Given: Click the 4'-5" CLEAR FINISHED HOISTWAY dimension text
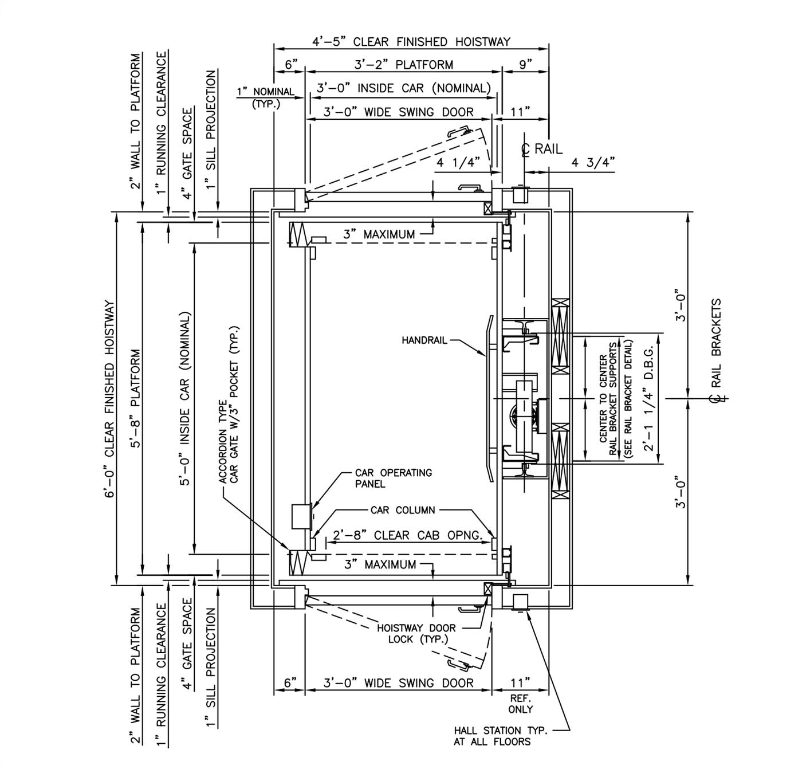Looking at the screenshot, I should point(411,42).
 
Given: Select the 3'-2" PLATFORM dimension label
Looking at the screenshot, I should point(404,65).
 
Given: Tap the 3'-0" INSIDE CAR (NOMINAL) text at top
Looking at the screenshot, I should point(404,88).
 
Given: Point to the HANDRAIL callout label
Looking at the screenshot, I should point(423,340).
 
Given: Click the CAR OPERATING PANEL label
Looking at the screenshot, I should point(393,478).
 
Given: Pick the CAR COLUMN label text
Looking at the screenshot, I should point(403,510).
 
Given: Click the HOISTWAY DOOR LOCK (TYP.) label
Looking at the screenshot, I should point(416,634).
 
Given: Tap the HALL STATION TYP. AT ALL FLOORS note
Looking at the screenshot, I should point(500,736).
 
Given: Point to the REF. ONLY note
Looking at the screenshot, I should point(520,704).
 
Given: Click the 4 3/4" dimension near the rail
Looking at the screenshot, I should point(593,163).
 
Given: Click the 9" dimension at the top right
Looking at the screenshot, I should point(525,65).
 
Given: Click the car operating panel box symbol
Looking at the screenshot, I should point(301,517).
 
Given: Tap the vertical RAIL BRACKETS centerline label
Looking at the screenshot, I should point(715,344).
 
